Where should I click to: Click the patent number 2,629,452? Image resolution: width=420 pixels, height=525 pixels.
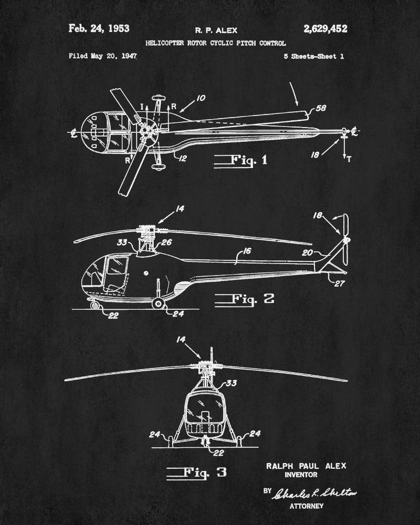pos(325,29)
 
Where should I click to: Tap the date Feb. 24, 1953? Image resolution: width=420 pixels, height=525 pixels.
pos(99,28)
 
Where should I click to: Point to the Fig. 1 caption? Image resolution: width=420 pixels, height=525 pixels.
pos(241,160)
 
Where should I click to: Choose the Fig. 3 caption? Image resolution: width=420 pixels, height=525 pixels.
pos(197,472)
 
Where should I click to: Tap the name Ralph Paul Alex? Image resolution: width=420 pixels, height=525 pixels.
pos(306,466)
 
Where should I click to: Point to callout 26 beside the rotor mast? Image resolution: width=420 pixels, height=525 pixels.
pos(166,242)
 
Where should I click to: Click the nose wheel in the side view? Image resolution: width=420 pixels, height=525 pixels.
pos(94,303)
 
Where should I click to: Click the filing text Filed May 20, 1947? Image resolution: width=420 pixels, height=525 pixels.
pos(103,56)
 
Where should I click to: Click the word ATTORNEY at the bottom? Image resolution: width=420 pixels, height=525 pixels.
pos(307,506)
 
